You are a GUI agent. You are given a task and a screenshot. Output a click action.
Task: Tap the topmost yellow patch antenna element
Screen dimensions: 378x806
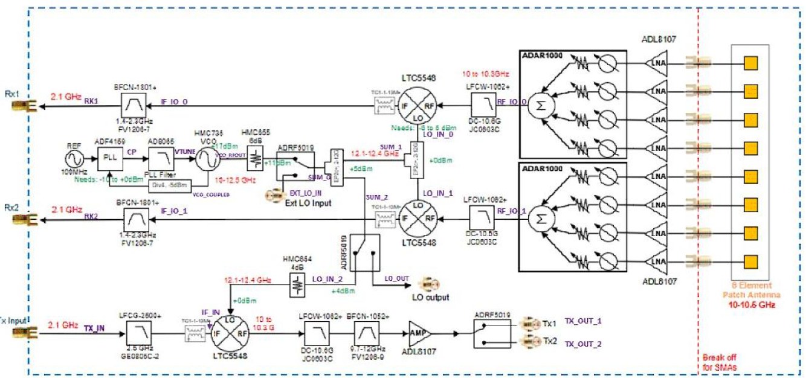click(751, 62)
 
